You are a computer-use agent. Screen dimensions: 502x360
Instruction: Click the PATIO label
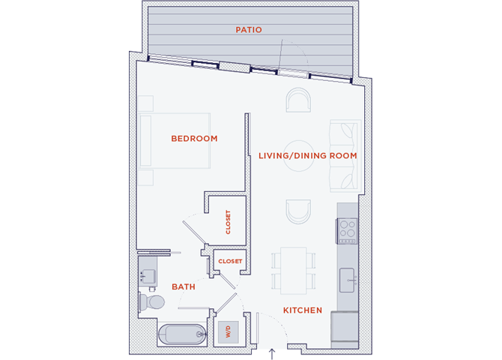coord(249,30)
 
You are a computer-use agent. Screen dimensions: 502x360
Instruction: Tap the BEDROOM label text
coord(194,139)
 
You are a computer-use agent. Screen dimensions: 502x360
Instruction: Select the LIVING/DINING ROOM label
coord(308,156)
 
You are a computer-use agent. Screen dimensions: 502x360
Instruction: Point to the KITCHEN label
coord(303,310)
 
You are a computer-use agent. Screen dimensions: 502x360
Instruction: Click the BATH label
coord(184,286)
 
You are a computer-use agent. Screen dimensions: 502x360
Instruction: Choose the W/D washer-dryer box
coord(229,331)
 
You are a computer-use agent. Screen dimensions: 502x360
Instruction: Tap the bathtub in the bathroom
coord(182,334)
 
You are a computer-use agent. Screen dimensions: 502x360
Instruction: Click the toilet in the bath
coord(151,302)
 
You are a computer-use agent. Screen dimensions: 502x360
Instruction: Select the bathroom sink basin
coord(148,276)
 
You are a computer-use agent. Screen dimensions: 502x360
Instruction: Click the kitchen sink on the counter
coord(348,280)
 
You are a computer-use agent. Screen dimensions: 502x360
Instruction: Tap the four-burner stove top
coord(347,231)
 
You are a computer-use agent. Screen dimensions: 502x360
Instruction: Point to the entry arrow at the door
coord(272,354)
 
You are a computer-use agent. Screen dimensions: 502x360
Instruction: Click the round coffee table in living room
coord(299,156)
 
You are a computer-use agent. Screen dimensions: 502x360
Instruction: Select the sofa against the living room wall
coord(345,156)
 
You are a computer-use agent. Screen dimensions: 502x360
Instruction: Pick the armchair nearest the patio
coord(298,100)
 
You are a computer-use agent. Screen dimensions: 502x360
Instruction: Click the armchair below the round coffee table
coord(298,211)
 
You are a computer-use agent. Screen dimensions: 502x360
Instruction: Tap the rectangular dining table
coord(294,271)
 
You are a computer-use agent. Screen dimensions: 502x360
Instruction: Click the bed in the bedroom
coord(175,141)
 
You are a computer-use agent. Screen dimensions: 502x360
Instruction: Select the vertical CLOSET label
coord(228,222)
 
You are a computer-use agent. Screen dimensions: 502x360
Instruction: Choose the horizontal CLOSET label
coord(230,261)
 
